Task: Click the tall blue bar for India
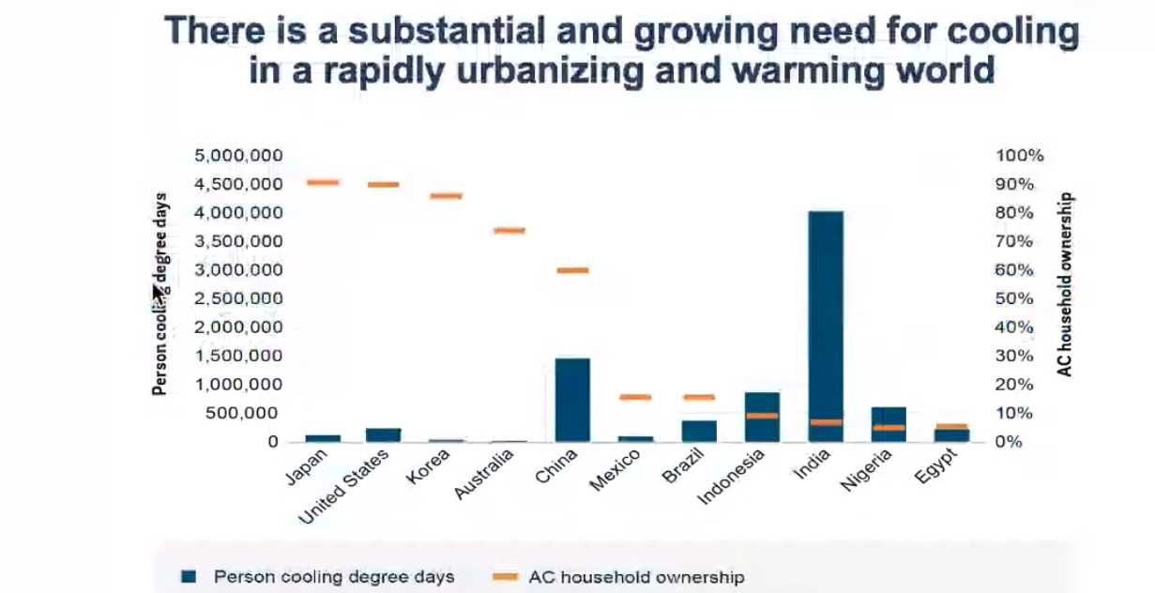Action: (x=826, y=327)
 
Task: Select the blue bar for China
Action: (x=572, y=400)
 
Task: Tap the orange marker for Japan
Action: (x=323, y=183)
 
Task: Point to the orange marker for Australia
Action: (x=509, y=231)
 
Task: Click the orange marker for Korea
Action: (x=447, y=196)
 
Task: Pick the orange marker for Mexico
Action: (x=636, y=397)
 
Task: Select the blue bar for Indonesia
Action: (x=762, y=418)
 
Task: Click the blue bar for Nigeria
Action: (x=889, y=424)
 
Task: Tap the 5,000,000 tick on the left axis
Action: (x=238, y=155)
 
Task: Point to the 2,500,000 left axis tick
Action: (x=238, y=298)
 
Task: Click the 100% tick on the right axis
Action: (x=1019, y=155)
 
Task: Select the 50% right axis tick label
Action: (x=1014, y=298)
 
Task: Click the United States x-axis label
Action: (x=344, y=486)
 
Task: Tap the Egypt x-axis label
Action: (x=936, y=466)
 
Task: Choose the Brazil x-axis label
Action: (x=683, y=465)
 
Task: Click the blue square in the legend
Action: (x=189, y=576)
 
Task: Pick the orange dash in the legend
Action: (x=506, y=577)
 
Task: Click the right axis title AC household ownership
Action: (x=1064, y=284)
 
